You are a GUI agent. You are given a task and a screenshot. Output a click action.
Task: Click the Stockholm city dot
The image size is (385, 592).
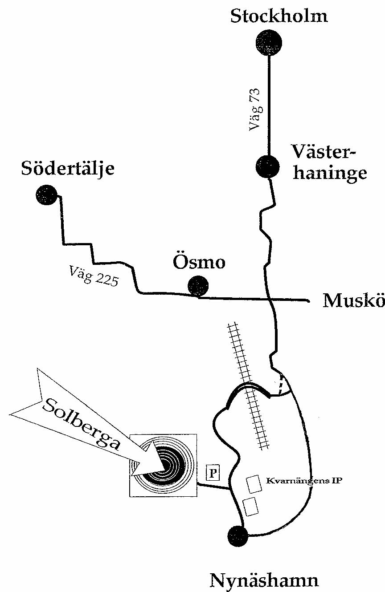coord(269,42)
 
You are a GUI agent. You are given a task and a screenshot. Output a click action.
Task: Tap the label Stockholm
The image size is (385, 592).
coord(279,16)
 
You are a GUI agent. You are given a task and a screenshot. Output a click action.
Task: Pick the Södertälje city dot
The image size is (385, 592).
coord(46,195)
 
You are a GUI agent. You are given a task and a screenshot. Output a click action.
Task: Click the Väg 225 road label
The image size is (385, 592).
coord(94,275)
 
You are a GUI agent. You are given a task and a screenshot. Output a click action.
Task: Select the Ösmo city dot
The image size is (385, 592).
coord(198,286)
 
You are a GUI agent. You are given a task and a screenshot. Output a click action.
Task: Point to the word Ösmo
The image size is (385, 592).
coord(199,263)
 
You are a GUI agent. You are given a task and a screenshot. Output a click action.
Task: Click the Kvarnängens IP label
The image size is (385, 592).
coord(303,481)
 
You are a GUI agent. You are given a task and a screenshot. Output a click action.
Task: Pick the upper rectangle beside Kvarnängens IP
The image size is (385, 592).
coord(254,484)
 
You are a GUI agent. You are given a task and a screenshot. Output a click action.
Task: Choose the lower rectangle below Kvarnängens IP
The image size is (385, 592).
coord(250,507)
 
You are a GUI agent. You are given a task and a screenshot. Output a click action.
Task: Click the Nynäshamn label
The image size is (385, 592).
coord(264,580)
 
